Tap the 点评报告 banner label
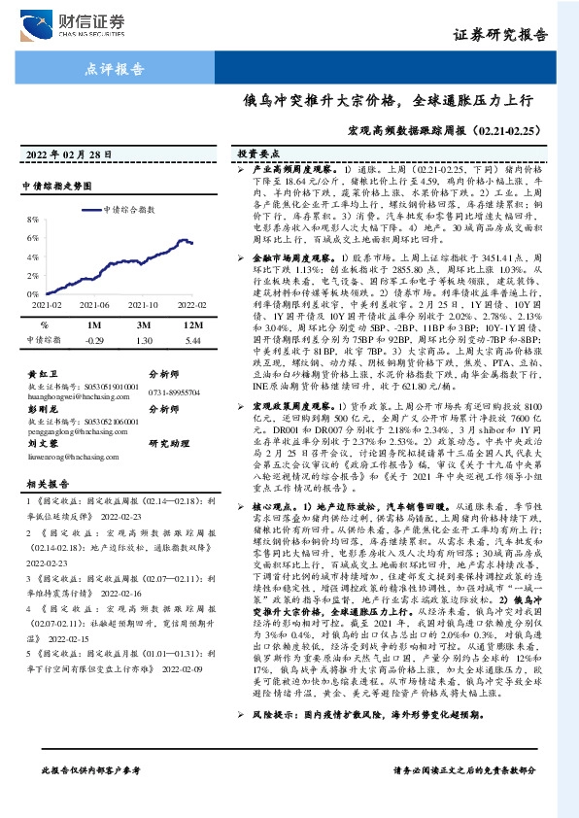pyautogui.click(x=108, y=69)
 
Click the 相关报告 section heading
pyautogui.click(x=44, y=484)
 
